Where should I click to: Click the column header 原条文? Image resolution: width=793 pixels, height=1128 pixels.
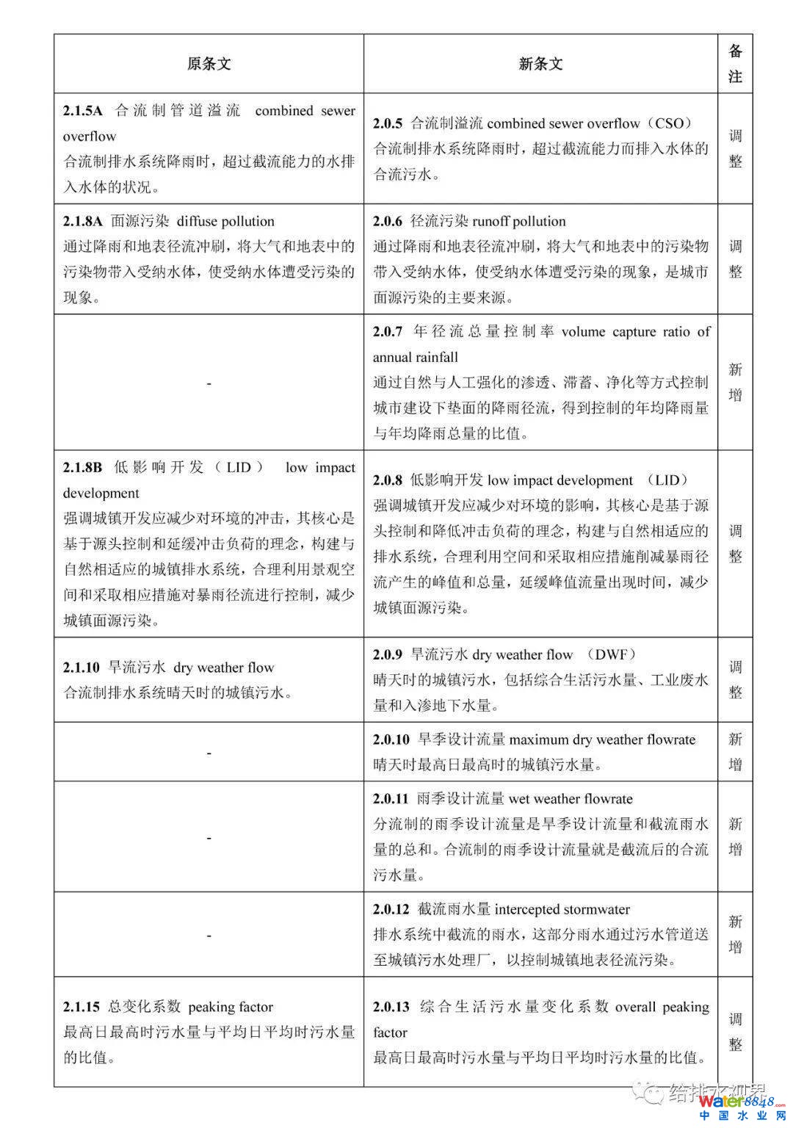[x=209, y=64]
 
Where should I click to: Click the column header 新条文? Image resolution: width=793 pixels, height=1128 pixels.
[x=540, y=64]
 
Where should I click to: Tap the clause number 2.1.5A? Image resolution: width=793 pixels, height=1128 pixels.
[x=82, y=111]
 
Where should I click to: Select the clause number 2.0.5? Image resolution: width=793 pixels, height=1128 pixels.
[x=388, y=123]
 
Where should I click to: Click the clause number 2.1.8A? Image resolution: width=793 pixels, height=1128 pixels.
[x=82, y=221]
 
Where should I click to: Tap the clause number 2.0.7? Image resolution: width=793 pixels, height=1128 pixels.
[x=388, y=332]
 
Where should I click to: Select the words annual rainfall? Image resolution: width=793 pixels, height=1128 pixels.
[x=415, y=358]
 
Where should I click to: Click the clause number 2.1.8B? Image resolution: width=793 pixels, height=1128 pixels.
[x=82, y=468]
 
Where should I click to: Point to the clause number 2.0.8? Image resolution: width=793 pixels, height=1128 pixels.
[x=388, y=480]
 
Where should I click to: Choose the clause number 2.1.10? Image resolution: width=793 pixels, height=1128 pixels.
[x=81, y=668]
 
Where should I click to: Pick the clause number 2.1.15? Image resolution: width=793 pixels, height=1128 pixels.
[x=81, y=1007]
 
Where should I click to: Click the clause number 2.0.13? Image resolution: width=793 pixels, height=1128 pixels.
[x=391, y=1007]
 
